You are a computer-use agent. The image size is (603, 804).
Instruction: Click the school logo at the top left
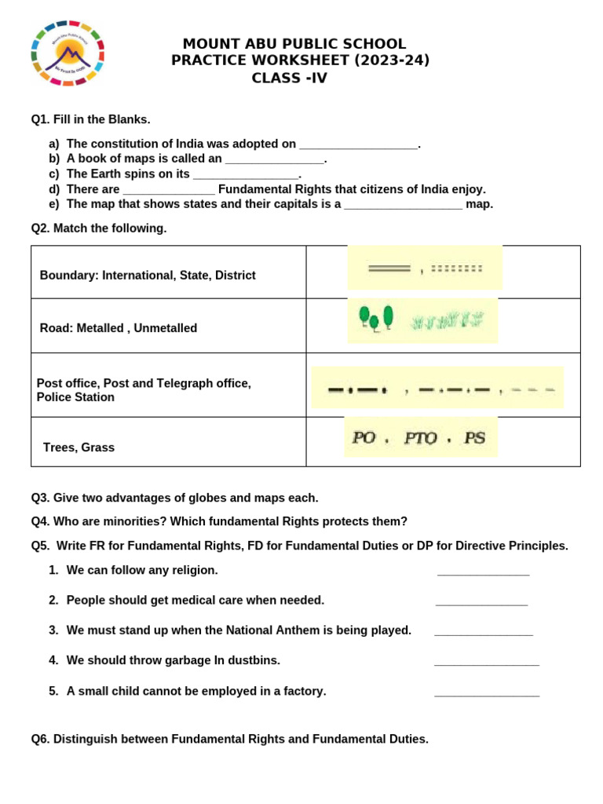tap(67, 53)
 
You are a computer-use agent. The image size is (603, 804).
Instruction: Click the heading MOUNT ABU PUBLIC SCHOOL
tap(294, 44)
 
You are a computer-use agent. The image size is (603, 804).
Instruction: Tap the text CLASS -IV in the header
tap(289, 78)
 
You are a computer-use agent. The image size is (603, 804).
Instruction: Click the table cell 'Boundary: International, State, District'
tap(148, 276)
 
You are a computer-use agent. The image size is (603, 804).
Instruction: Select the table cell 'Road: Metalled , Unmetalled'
tap(119, 328)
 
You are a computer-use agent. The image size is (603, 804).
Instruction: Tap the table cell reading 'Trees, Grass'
tap(79, 448)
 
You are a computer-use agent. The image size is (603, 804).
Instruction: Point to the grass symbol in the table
tap(448, 320)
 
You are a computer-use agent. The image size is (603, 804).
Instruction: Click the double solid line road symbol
tap(389, 269)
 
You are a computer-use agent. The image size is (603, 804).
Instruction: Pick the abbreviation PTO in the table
tap(420, 438)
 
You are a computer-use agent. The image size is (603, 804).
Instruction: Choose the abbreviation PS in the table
tap(474, 438)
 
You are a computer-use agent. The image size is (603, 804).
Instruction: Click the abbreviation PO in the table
tap(364, 438)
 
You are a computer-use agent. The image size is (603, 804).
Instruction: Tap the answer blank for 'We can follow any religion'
tap(483, 573)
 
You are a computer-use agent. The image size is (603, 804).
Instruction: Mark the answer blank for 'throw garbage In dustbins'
tap(486, 663)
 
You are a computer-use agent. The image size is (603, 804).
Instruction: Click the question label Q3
tap(40, 498)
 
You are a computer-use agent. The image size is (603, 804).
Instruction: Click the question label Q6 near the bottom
tap(40, 739)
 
